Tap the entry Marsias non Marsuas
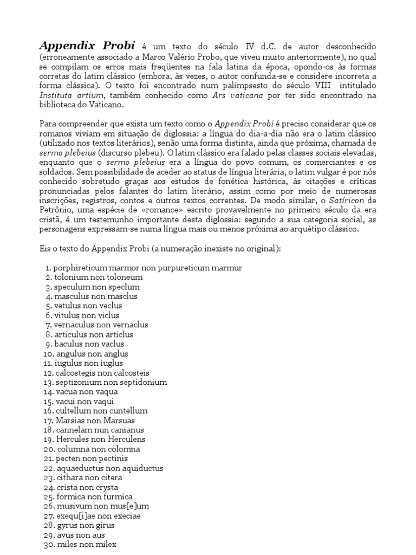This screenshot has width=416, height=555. click(x=95, y=420)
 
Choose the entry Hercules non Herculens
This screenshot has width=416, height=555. click(x=100, y=439)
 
